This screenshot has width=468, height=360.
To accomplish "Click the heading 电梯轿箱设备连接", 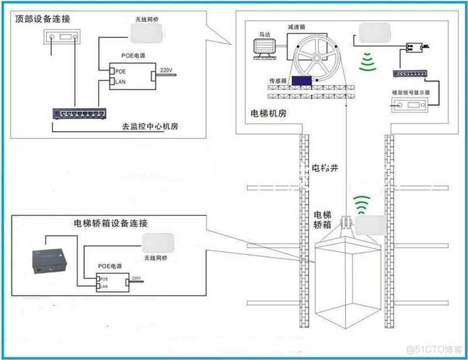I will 111,223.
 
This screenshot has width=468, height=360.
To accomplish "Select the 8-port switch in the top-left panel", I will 80,114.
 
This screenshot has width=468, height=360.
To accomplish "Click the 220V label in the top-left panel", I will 166,70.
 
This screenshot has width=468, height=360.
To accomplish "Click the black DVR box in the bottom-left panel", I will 50,260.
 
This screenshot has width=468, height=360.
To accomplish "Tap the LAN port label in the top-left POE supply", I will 120,82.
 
